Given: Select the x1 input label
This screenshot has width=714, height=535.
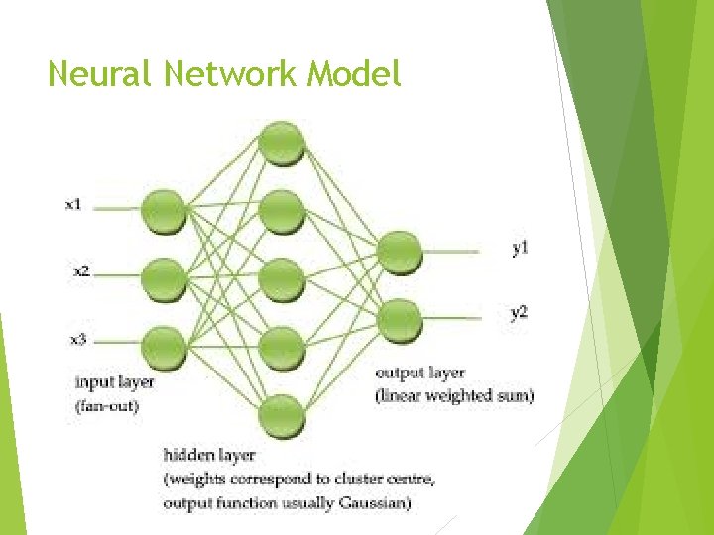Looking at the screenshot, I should [x=73, y=205].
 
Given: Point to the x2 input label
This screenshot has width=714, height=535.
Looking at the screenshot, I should [x=80, y=269].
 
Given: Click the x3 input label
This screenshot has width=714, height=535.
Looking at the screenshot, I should [x=78, y=339].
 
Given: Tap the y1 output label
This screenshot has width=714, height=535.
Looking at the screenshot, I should [x=520, y=249].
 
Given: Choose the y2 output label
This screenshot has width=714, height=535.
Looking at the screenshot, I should [x=519, y=313].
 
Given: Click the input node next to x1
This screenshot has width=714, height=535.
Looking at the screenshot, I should [x=164, y=211].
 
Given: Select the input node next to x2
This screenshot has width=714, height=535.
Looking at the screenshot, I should [x=164, y=278].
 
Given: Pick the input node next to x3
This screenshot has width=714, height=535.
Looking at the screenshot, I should [x=164, y=346].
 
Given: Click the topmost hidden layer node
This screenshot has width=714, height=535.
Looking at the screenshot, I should [x=282, y=142].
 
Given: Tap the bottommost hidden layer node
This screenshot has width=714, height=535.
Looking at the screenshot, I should [x=282, y=413].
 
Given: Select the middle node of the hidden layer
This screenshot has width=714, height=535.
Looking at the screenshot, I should [x=282, y=278].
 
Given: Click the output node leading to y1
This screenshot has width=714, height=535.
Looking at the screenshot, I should [x=400, y=252].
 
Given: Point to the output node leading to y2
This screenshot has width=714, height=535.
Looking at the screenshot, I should [x=400, y=319].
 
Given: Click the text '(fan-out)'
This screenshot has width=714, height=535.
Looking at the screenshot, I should [x=107, y=404].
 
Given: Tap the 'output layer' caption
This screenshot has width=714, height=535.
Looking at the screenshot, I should [x=419, y=374].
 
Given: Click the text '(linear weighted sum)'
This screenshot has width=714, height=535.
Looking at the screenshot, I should [x=453, y=396].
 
